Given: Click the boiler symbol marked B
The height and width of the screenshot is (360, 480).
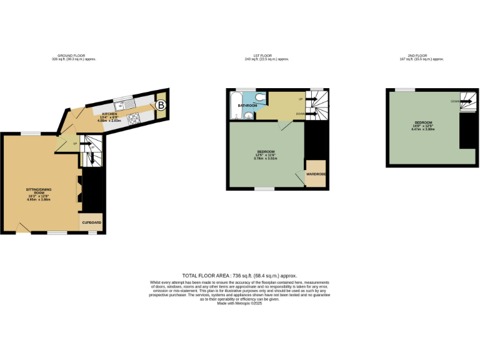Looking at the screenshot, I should point(161,106).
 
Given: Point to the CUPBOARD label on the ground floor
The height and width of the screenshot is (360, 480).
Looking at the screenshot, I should point(91,222).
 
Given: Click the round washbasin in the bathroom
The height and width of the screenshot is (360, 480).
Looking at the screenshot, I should point(249,116).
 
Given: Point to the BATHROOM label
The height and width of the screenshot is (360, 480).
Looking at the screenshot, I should point(247,106).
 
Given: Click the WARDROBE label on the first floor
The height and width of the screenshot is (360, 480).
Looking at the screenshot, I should point(315,174).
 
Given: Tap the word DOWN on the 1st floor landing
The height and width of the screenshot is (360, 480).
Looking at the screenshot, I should point(301,114).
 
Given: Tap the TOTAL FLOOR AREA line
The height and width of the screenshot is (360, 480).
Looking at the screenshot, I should point(239,276).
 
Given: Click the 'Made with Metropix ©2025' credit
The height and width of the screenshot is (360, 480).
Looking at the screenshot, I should point(239,304).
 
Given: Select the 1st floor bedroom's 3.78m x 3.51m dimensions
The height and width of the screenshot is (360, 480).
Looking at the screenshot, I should point(266,158).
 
